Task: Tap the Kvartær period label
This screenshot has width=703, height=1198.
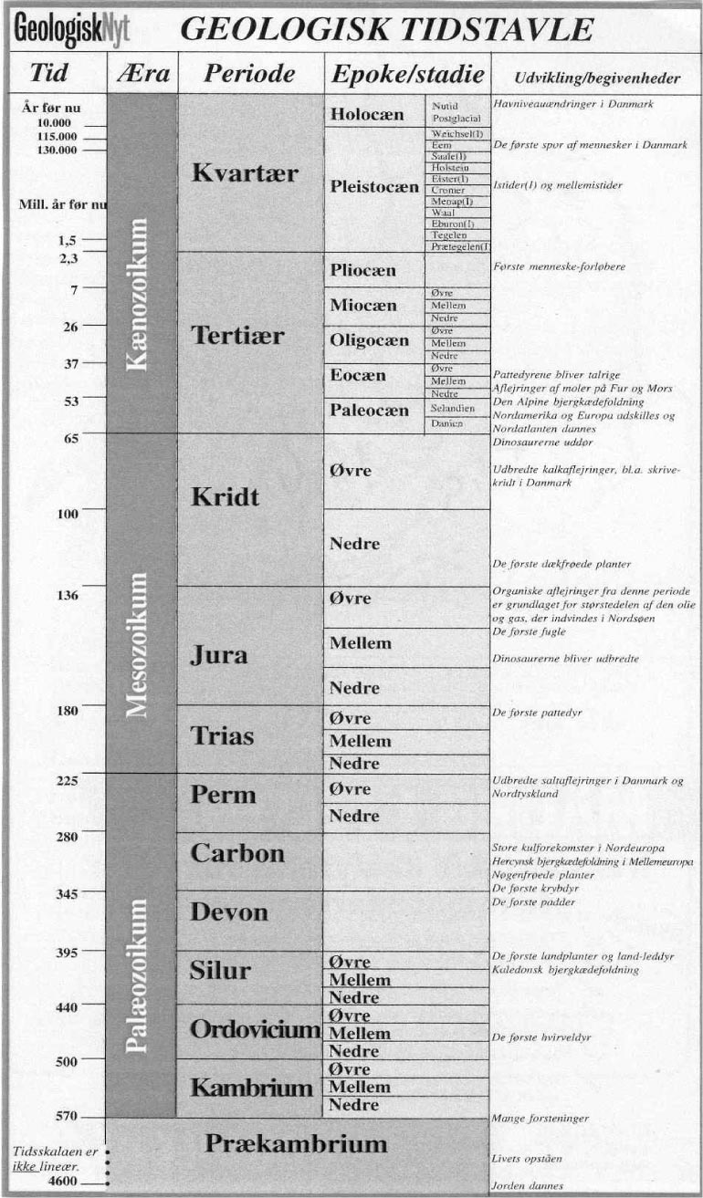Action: point(245,173)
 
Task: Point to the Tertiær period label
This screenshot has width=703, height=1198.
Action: point(238,336)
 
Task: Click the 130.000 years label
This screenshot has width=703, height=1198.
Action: point(59,151)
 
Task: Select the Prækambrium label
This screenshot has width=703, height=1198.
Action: point(297,1143)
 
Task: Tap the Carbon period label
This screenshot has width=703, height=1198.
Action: point(237,854)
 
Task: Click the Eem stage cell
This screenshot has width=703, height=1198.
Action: point(443,145)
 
